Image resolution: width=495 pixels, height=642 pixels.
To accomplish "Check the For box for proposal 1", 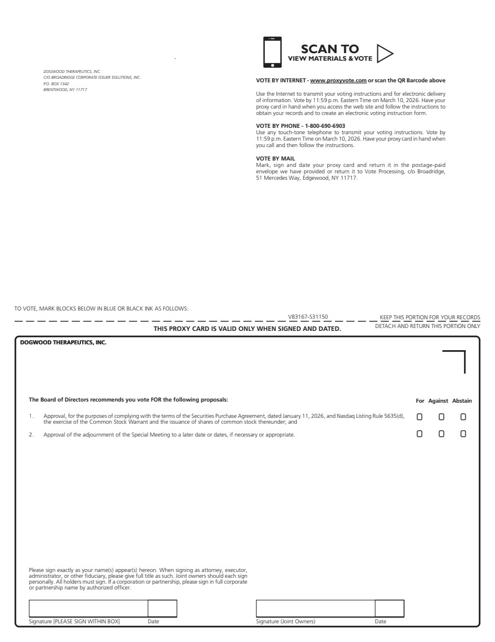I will tap(419, 417).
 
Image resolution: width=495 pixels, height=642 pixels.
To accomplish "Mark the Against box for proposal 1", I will tap(441, 417).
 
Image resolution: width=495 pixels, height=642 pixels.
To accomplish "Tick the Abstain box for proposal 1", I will tap(464, 417).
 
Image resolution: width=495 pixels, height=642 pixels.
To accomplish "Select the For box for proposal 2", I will tap(419, 434).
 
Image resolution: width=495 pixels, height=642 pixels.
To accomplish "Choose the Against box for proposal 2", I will tap(441, 434).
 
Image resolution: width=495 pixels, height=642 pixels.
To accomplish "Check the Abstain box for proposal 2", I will tap(464, 434).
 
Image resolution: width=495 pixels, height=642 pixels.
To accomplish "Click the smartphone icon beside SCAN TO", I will tap(272, 52).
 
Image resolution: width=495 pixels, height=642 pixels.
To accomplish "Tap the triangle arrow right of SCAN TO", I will tap(385, 53).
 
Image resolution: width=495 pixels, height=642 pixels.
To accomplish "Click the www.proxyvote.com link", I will tap(338, 81).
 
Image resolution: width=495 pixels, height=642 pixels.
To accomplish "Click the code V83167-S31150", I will tap(308, 317).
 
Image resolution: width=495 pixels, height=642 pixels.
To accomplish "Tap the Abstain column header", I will tap(462, 401).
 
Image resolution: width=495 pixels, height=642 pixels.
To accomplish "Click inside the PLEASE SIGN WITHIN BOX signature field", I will tap(88, 608).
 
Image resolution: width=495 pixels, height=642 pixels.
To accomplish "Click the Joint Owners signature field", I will tap(315, 608).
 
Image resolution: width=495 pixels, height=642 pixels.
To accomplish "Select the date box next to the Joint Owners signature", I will tap(389, 608).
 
